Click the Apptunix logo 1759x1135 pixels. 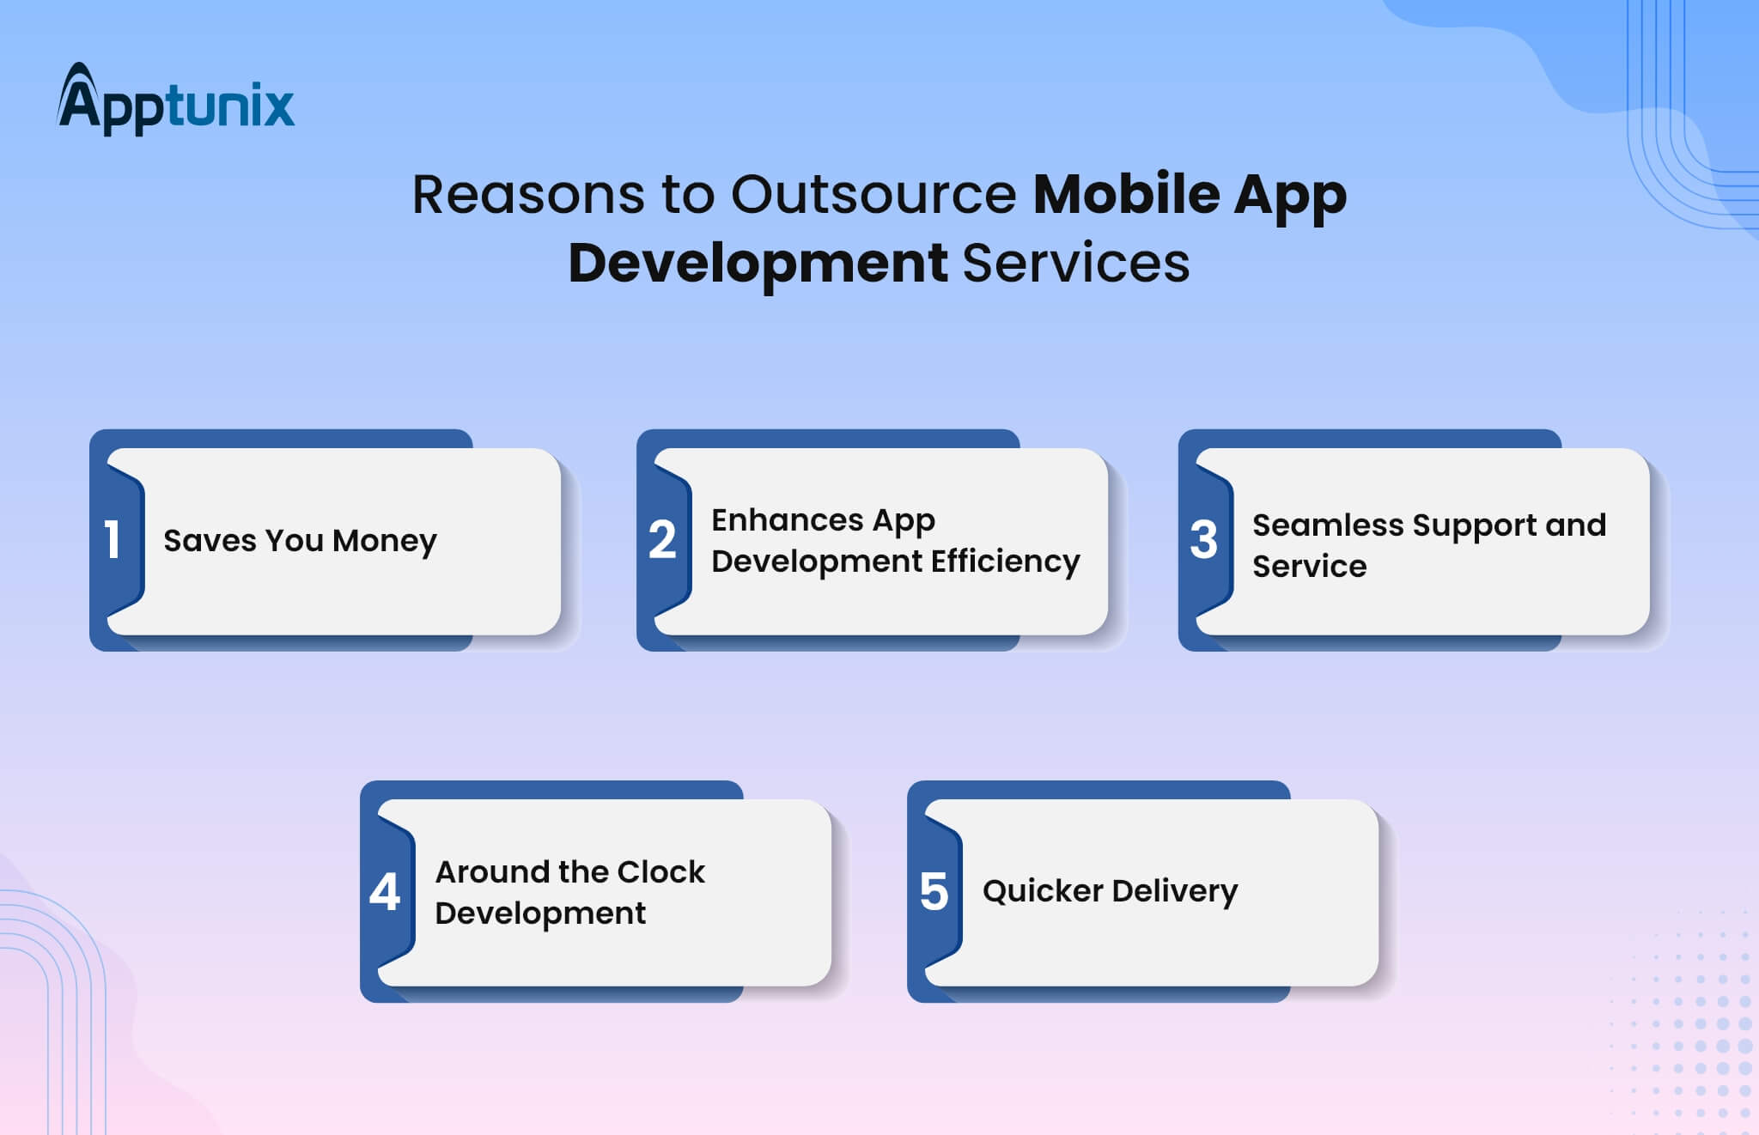(x=176, y=99)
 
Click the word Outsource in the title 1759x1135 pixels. (x=873, y=194)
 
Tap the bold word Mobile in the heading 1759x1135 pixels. (x=1125, y=194)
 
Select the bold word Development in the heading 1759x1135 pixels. (x=758, y=263)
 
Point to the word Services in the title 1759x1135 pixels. (x=1076, y=263)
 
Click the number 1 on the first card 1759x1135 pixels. (x=112, y=540)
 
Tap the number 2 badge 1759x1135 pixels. (x=662, y=540)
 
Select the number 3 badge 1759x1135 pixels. (x=1203, y=540)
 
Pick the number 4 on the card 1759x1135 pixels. (x=385, y=892)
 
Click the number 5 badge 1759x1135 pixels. (x=934, y=892)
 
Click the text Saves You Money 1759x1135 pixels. (x=300, y=541)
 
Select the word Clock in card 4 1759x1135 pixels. (x=660, y=871)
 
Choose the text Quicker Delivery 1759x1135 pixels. (x=1110, y=891)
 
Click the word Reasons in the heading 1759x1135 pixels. (x=528, y=194)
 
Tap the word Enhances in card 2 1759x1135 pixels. (x=788, y=519)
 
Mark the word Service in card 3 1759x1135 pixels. (x=1309, y=566)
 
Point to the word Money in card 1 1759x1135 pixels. (x=384, y=541)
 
